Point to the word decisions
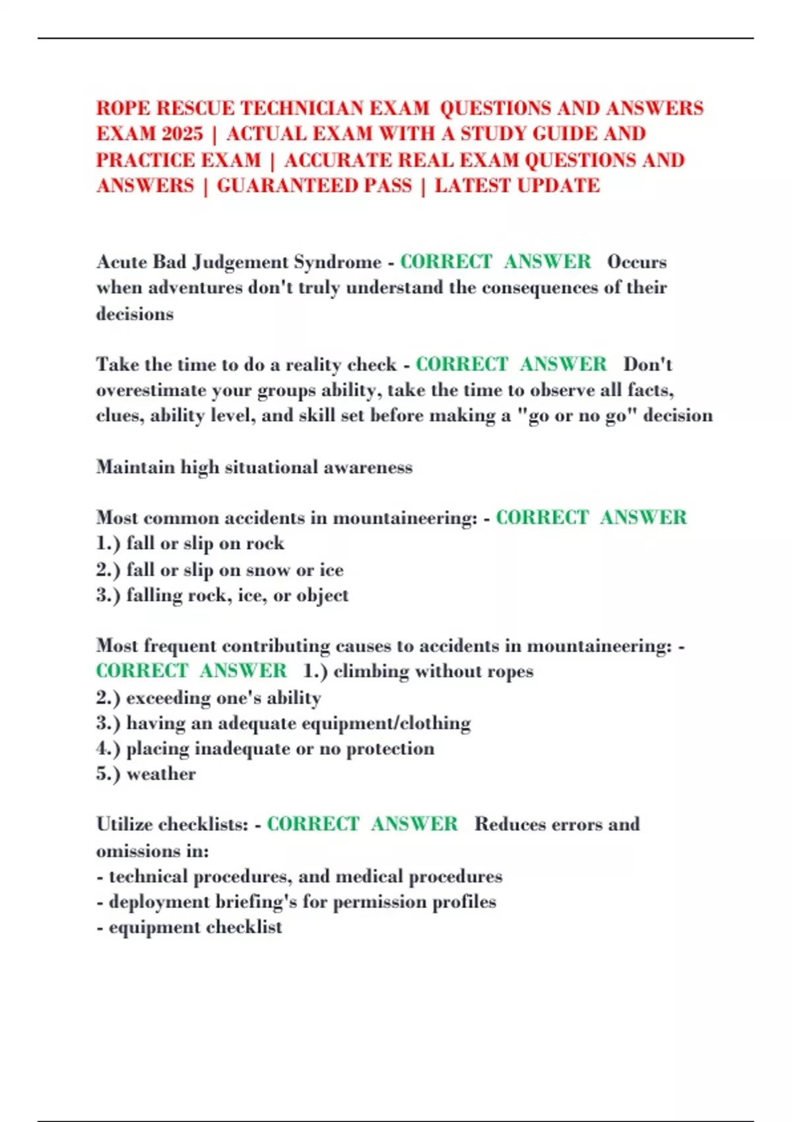tap(135, 313)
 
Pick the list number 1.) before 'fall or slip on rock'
tap(108, 544)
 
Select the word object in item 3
tap(322, 595)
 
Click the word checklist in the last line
tap(244, 927)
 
